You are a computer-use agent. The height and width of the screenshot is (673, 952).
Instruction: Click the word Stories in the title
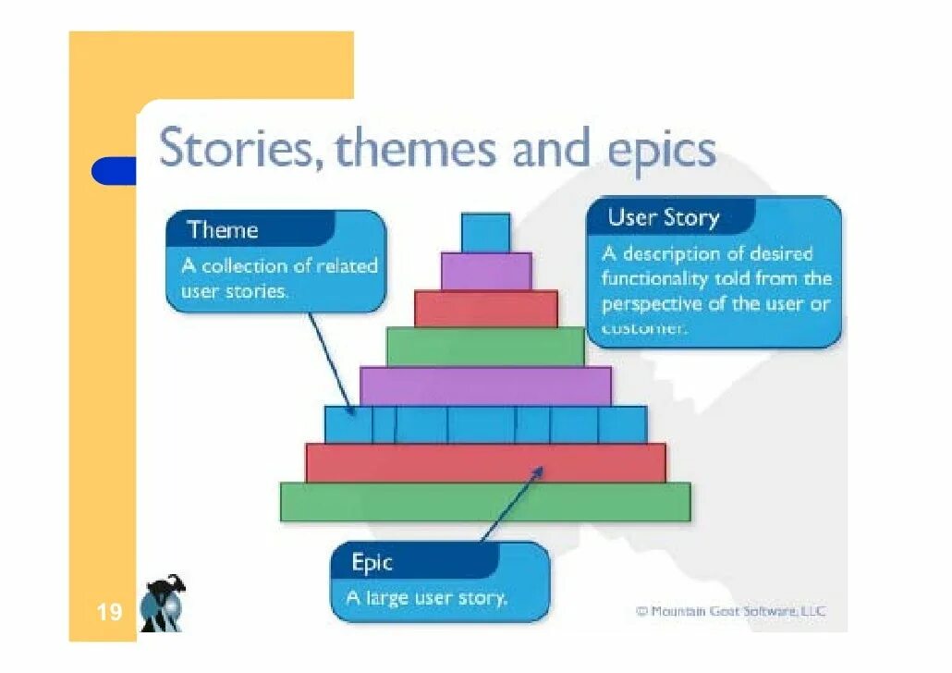[237, 149]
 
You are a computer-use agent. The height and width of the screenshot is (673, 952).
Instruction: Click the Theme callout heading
[223, 229]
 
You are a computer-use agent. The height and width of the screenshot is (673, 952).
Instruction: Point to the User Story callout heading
[663, 218]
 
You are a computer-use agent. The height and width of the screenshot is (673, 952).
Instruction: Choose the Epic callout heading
[372, 562]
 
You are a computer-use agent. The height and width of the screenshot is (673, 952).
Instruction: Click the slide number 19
[109, 612]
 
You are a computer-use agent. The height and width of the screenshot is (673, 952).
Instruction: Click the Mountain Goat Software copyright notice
[730, 611]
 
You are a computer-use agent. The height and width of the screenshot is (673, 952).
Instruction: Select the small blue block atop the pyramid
[485, 232]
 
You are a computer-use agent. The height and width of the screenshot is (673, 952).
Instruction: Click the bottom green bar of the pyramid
[485, 502]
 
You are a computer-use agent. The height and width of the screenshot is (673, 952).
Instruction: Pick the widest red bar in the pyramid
[485, 462]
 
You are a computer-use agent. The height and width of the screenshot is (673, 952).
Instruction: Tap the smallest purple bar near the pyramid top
[486, 271]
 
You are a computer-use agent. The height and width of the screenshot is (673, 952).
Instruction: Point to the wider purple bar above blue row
[485, 385]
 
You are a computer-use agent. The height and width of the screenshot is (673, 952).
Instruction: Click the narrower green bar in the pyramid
[485, 347]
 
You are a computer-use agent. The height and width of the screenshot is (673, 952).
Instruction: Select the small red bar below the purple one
[486, 309]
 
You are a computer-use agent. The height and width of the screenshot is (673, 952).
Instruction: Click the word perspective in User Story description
[654, 303]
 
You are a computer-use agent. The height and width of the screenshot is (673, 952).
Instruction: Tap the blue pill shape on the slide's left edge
[114, 171]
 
